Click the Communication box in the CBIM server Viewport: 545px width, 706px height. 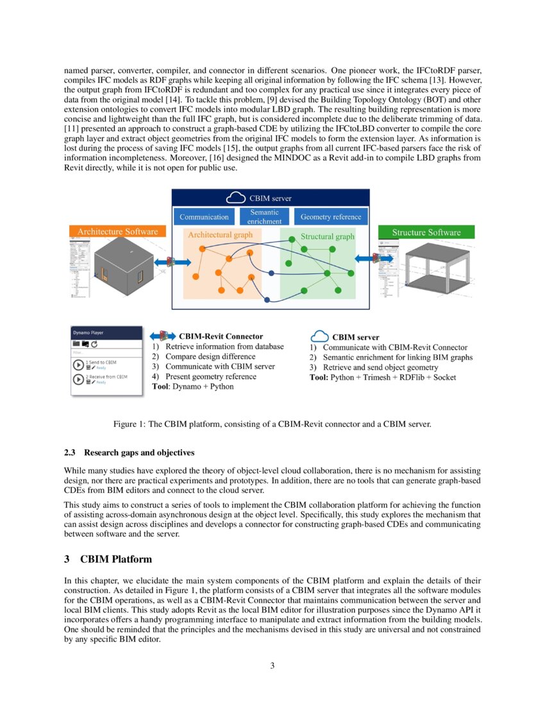pyautogui.click(x=204, y=217)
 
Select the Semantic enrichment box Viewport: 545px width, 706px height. pyautogui.click(x=265, y=216)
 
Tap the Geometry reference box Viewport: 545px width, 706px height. pyautogui.click(x=330, y=217)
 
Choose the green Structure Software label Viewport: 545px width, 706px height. pyautogui.click(x=426, y=232)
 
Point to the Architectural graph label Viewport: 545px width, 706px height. pyautogui.click(x=220, y=235)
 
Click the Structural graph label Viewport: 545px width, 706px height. pyautogui.click(x=327, y=237)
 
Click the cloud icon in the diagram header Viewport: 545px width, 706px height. pyautogui.click(x=237, y=198)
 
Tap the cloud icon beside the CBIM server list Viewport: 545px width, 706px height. pyautogui.click(x=319, y=337)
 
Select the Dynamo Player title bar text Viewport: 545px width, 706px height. pyautogui.click(x=88, y=333)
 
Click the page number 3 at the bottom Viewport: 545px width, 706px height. pyautogui.click(x=272, y=666)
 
